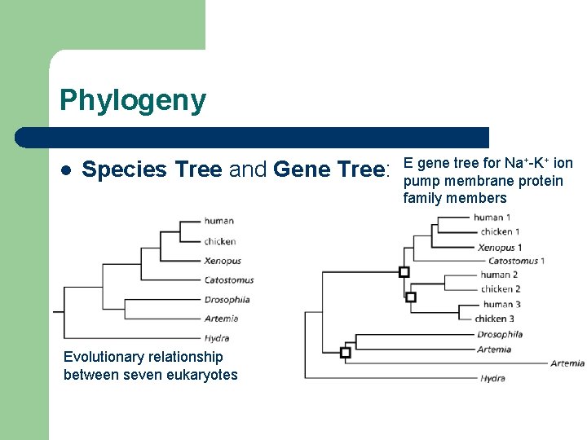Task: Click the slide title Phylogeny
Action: point(133,101)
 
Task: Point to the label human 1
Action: point(492,218)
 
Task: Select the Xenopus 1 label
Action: point(500,247)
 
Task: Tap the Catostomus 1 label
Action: point(516,261)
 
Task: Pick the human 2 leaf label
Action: point(499,275)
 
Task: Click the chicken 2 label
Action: point(500,289)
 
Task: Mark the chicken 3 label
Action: point(495,319)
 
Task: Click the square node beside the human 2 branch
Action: point(404,272)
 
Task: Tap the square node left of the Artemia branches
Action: point(345,353)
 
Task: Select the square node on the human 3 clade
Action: point(411,297)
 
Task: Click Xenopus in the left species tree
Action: point(223,261)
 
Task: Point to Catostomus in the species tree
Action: point(229,280)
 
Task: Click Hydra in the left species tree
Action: point(216,338)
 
